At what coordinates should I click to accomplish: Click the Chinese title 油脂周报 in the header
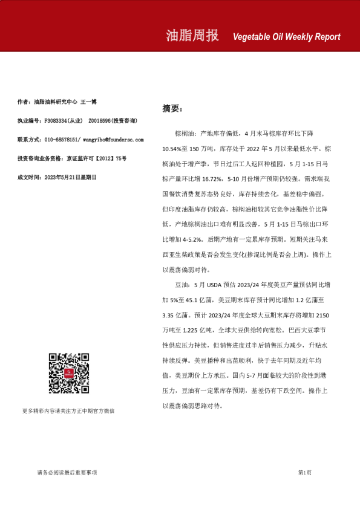(192, 35)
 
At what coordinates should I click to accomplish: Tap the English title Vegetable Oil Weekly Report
(286, 37)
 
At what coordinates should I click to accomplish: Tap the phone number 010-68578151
(62, 139)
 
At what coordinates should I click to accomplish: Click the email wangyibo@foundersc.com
(113, 139)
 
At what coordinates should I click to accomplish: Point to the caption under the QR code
(68, 410)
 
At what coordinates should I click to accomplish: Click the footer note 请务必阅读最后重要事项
(67, 472)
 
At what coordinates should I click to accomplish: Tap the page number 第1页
(304, 472)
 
